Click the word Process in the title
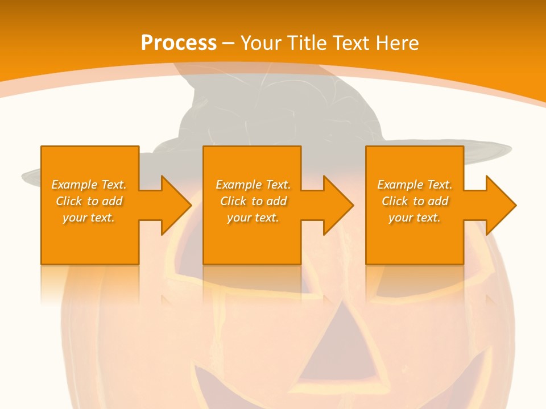click(179, 43)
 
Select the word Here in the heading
click(398, 43)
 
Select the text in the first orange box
click(89, 201)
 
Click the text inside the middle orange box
click(253, 201)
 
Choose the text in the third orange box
click(415, 201)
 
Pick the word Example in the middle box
click(237, 185)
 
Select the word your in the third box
click(400, 218)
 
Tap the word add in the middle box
click(276, 201)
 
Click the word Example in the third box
click(399, 185)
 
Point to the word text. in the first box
click(103, 218)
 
